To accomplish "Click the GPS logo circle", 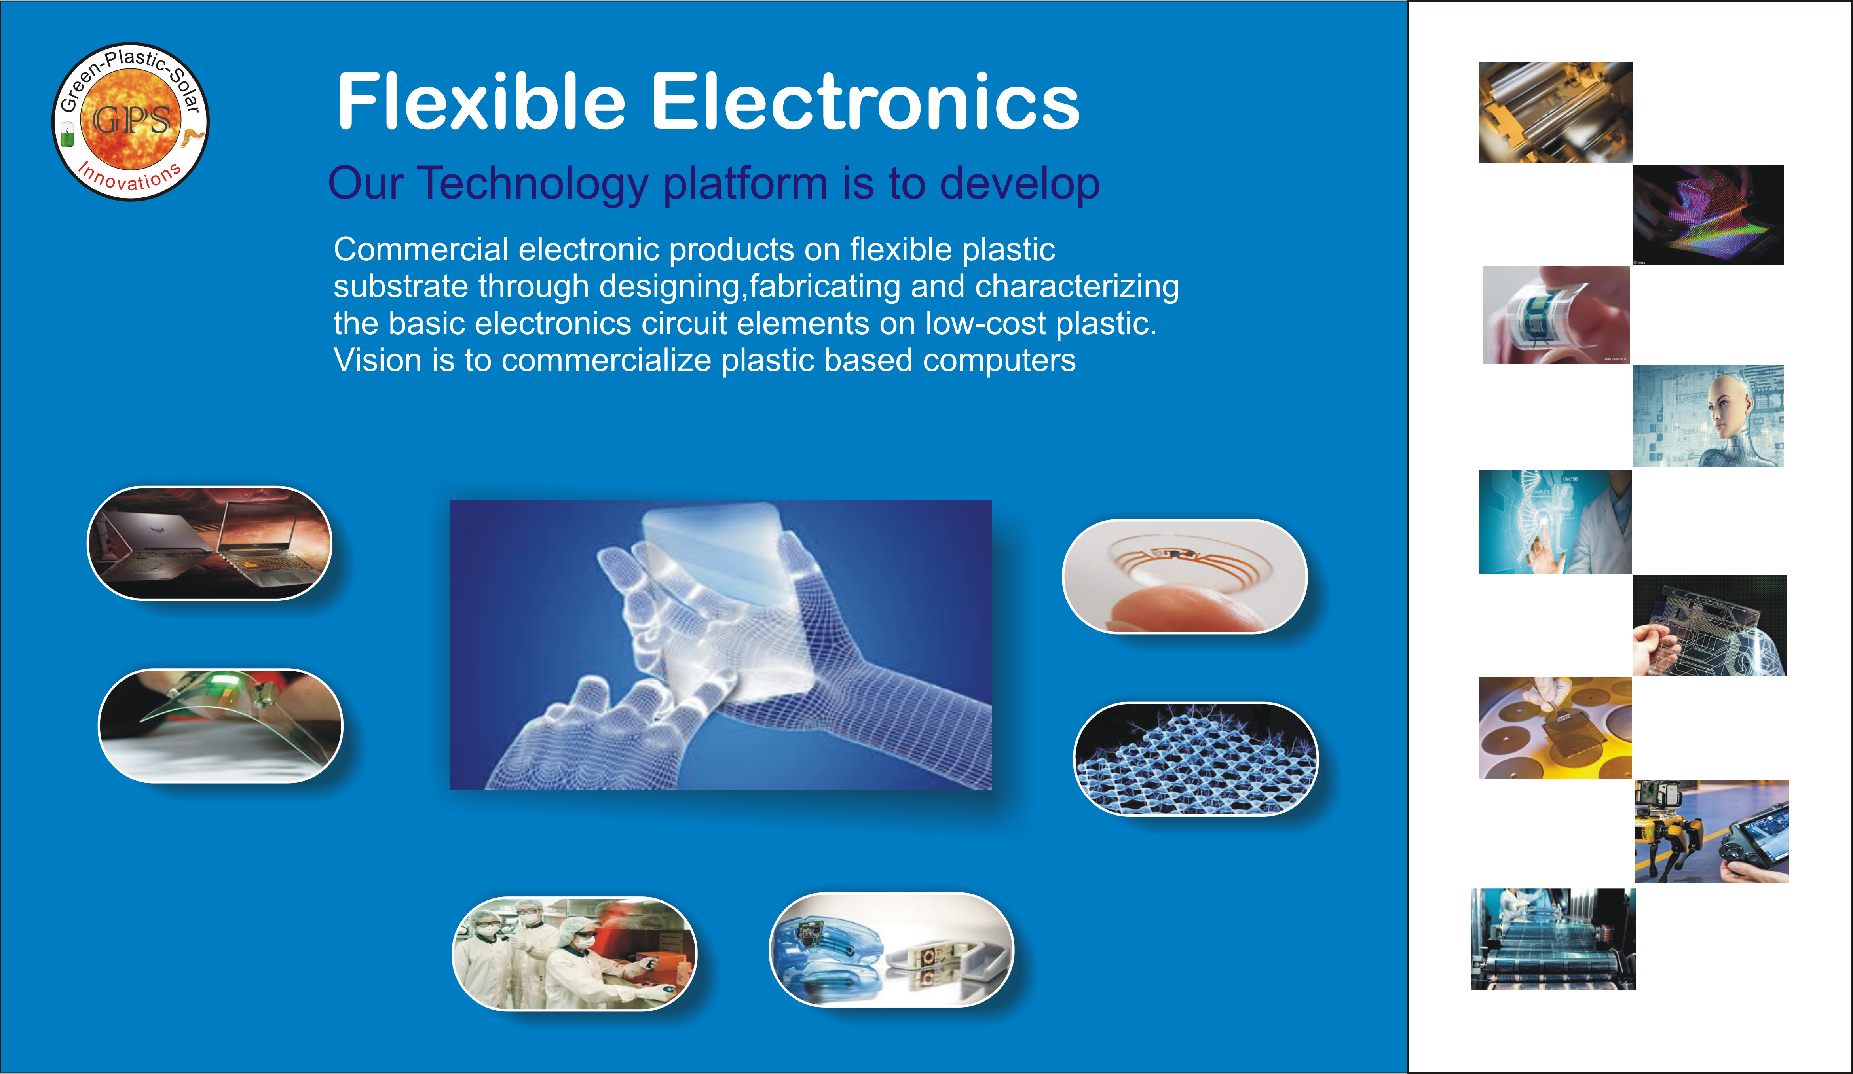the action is point(130,121).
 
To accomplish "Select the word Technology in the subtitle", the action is point(533,184).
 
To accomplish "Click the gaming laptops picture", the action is point(210,543).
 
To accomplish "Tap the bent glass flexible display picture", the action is point(220,725).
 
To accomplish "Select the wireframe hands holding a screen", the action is point(721,645).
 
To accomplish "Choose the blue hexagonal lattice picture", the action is point(1196,759).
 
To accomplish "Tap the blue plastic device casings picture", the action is point(891,950).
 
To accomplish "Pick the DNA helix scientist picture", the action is point(1555,522).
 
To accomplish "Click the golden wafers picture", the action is point(1555,728).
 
